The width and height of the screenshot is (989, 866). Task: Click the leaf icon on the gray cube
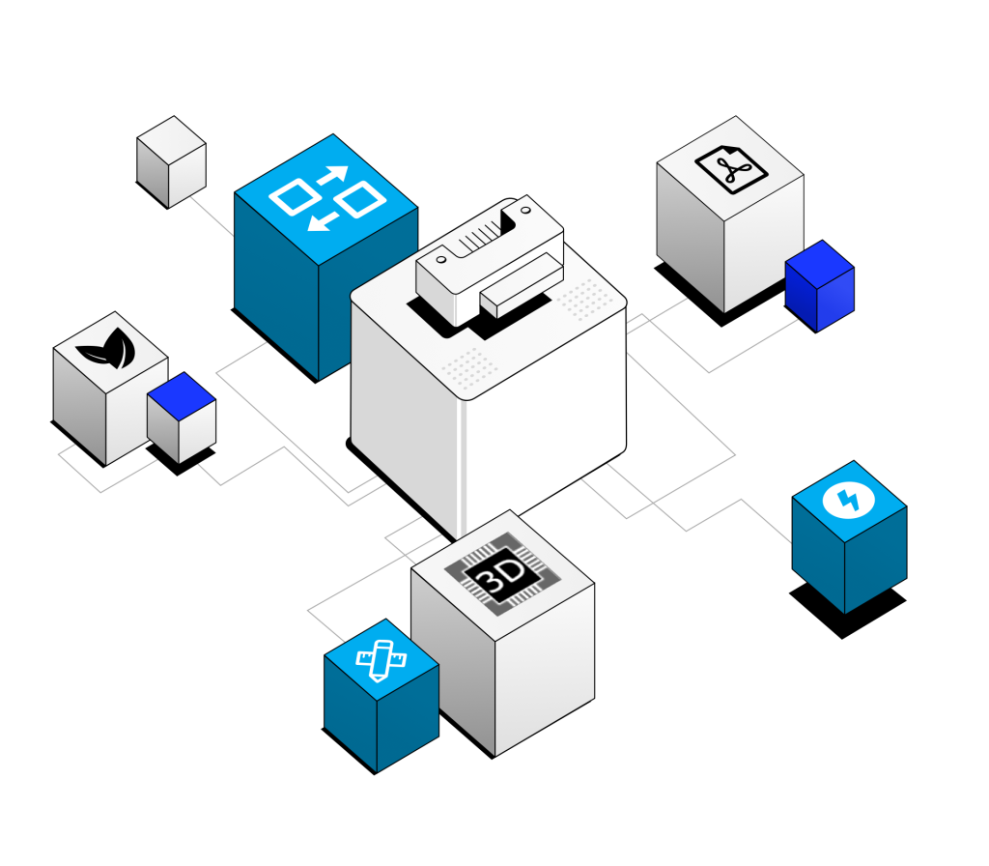coord(107,348)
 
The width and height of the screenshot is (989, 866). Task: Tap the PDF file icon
coord(731,168)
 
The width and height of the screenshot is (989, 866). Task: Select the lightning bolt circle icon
coord(848,501)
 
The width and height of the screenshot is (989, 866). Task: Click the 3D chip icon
coord(502,574)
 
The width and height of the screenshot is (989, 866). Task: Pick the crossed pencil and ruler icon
coord(381,660)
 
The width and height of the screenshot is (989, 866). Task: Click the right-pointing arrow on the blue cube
coord(332,175)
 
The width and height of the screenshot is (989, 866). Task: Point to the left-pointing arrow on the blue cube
coord(323,222)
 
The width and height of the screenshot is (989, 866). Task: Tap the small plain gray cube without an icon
coord(171,162)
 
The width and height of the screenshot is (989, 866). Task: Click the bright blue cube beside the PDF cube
coord(819,286)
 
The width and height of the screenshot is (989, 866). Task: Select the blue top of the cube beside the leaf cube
coord(182,395)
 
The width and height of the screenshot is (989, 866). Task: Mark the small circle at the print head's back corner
coord(524,210)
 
